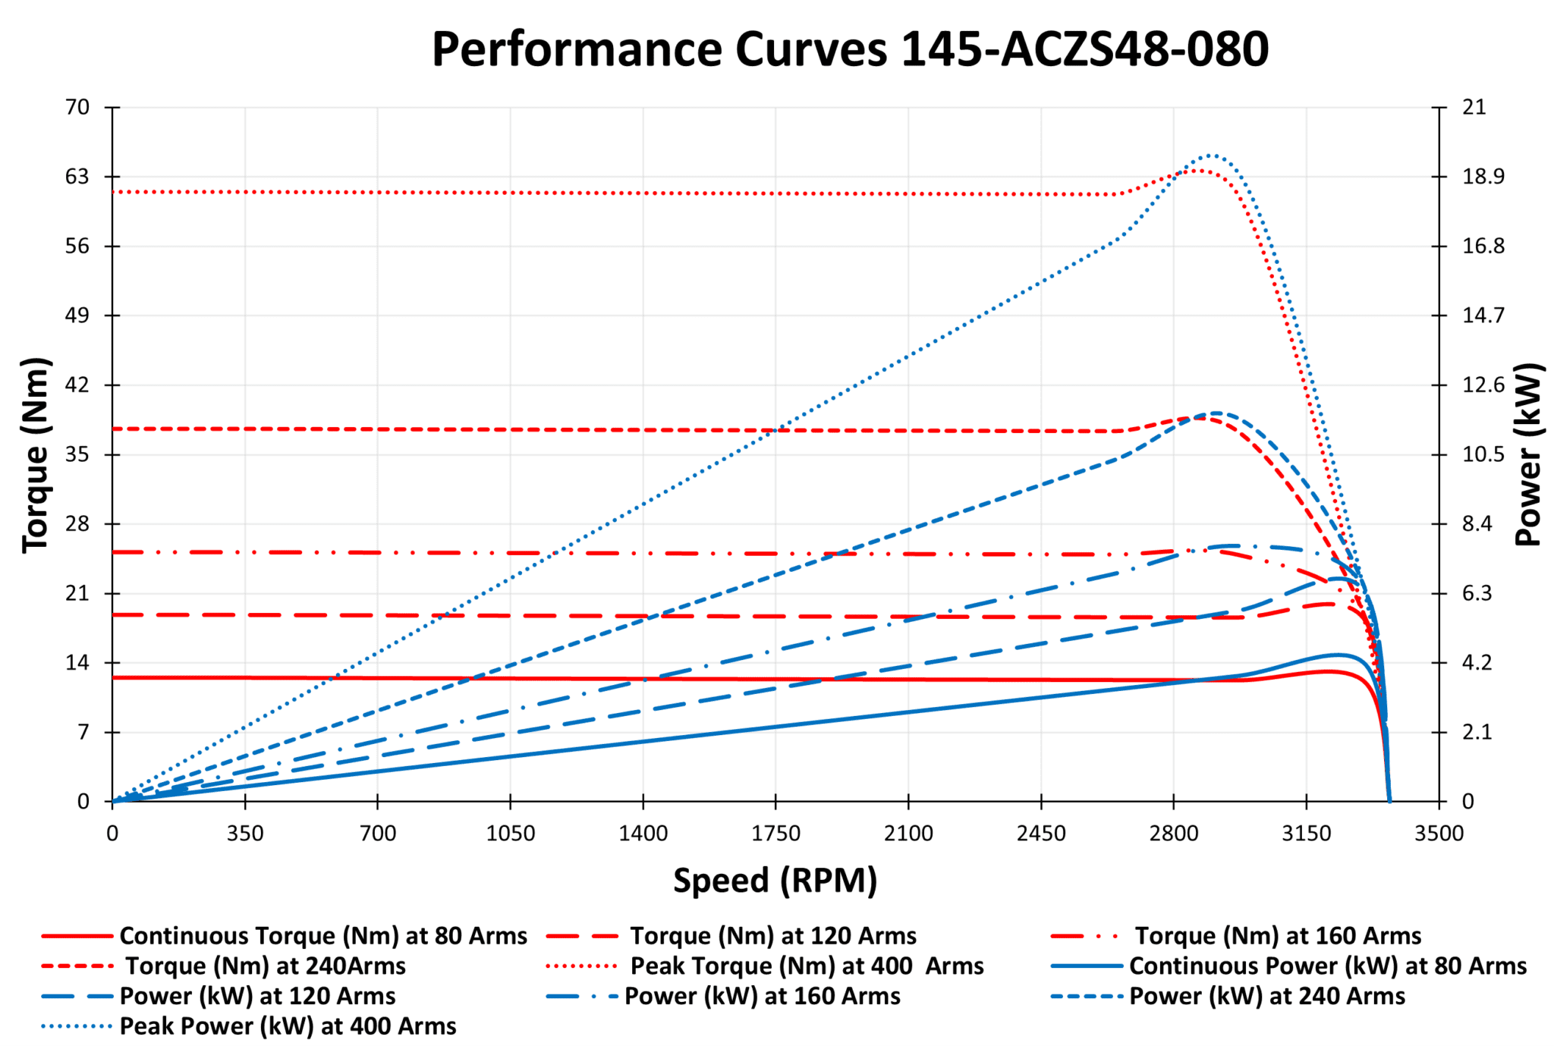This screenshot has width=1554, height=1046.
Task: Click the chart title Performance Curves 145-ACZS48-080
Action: click(850, 49)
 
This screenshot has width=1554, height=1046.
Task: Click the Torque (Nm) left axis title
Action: click(36, 454)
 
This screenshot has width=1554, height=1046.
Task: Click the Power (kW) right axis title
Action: click(1528, 454)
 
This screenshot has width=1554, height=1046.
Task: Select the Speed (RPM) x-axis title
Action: click(775, 881)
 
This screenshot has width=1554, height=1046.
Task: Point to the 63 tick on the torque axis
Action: click(77, 177)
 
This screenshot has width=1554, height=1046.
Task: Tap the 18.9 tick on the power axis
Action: click(1483, 177)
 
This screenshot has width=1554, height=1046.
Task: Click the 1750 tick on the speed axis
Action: click(775, 834)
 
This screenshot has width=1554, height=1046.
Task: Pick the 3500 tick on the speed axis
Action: click(1439, 834)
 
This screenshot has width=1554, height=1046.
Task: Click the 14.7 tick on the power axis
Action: click(1483, 316)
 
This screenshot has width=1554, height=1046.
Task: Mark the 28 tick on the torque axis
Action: click(77, 524)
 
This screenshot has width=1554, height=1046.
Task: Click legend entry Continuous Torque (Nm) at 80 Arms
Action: click(322, 936)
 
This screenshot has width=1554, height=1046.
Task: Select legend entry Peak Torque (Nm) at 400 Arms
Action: click(807, 966)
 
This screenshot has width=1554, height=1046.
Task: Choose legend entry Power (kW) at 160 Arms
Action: click(762, 996)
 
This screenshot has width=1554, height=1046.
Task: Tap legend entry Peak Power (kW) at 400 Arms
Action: click(288, 1026)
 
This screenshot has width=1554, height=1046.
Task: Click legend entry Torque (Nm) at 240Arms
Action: click(265, 966)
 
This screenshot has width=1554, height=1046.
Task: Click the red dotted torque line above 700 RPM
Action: click(378, 193)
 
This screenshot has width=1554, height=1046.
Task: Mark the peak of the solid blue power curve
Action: click(1337, 655)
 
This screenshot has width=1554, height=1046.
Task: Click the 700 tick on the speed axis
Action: click(378, 834)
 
